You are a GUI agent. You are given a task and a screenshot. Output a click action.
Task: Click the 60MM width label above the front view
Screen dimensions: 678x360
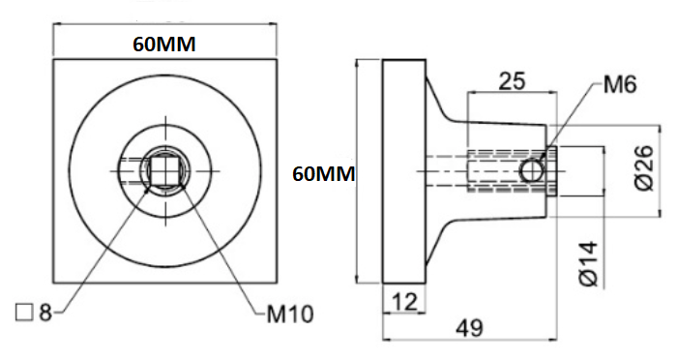[x=163, y=45]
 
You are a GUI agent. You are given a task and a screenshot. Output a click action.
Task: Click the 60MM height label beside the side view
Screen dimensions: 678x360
[x=324, y=174]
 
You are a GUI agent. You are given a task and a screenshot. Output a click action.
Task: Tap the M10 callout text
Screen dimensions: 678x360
[x=290, y=315]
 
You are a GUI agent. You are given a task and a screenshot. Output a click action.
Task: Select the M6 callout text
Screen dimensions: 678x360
[x=620, y=84]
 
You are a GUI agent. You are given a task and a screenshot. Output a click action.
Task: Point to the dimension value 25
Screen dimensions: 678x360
[x=512, y=81]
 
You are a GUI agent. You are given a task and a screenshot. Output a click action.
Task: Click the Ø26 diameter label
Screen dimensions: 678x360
[x=645, y=167]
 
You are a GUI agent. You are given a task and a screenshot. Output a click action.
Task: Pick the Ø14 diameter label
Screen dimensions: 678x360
[x=588, y=264]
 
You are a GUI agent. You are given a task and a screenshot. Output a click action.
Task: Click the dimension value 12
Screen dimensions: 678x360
[x=404, y=302]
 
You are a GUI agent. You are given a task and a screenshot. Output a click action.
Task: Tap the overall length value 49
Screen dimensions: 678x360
[x=470, y=328]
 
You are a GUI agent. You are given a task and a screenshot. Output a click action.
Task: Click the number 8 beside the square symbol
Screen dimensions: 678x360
[x=45, y=313]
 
